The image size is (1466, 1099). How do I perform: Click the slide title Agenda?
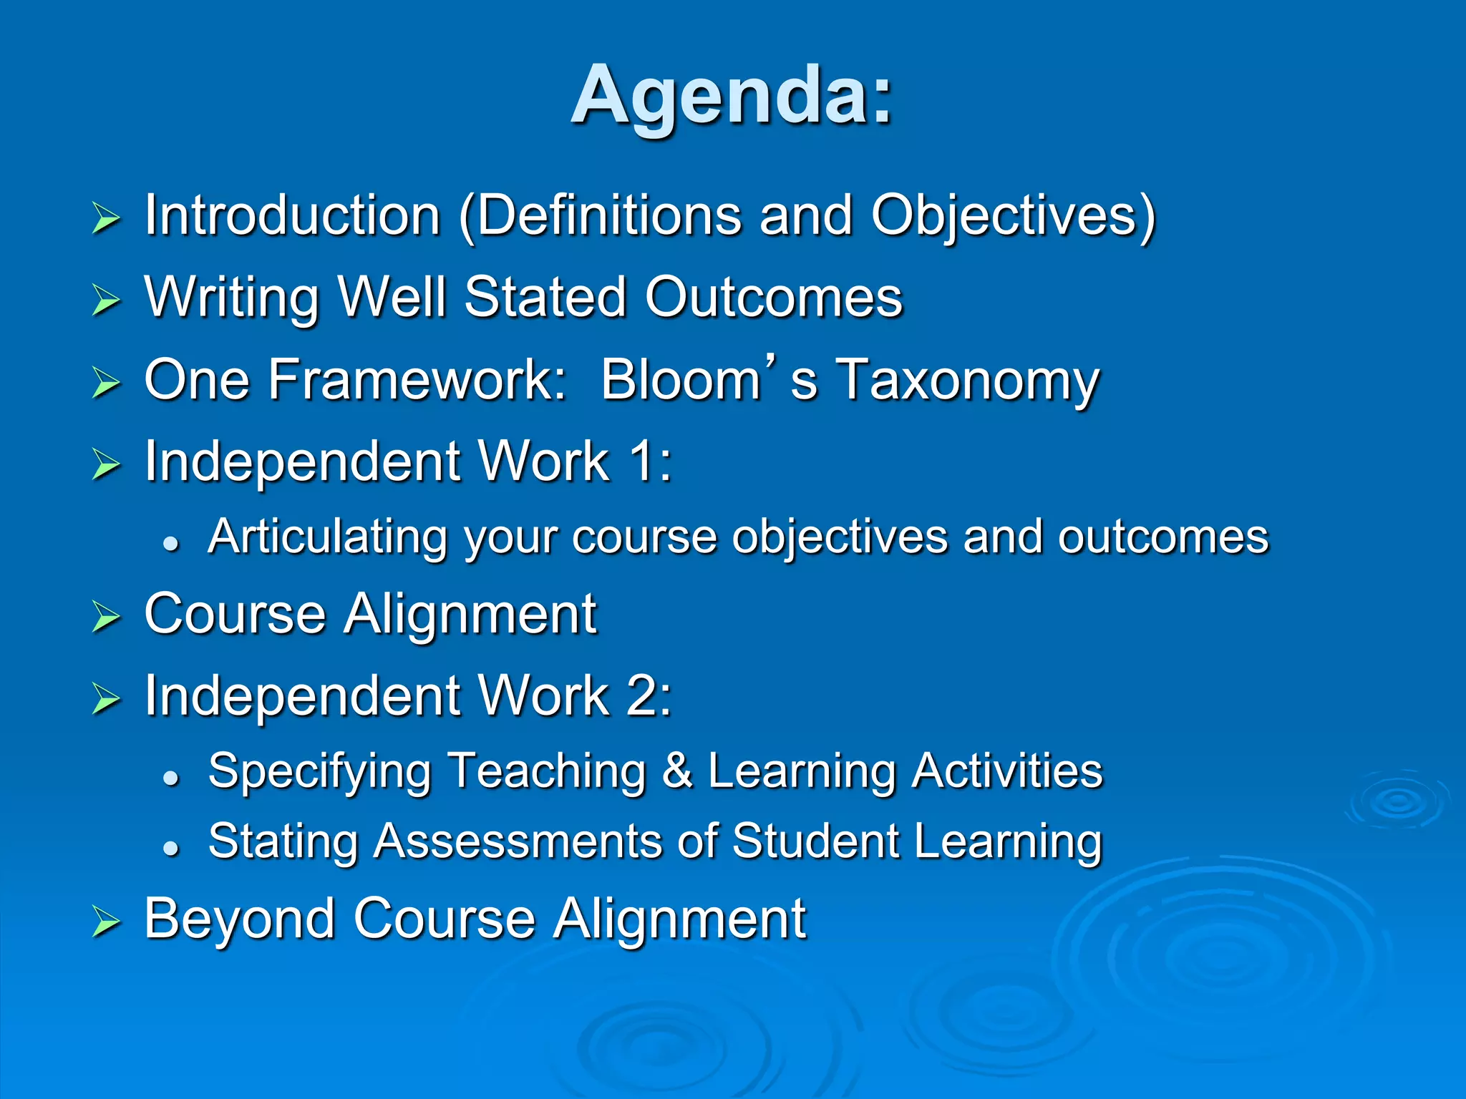(732, 95)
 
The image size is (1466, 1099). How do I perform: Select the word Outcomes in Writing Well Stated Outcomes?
(773, 297)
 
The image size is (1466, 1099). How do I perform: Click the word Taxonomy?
(968, 381)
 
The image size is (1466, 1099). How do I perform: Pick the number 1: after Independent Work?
(650, 461)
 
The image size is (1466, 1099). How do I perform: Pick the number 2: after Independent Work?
(650, 695)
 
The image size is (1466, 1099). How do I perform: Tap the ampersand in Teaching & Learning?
(677, 771)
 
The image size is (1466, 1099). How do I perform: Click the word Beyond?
(239, 919)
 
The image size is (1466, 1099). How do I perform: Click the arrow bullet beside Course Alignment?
(106, 617)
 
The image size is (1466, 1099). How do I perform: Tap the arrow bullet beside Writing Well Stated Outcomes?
(106, 300)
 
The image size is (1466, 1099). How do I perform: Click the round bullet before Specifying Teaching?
(170, 778)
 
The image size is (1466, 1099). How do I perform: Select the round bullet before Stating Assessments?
(170, 848)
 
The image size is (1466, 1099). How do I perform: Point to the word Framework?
(417, 379)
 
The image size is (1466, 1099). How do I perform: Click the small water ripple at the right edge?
(1397, 801)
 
